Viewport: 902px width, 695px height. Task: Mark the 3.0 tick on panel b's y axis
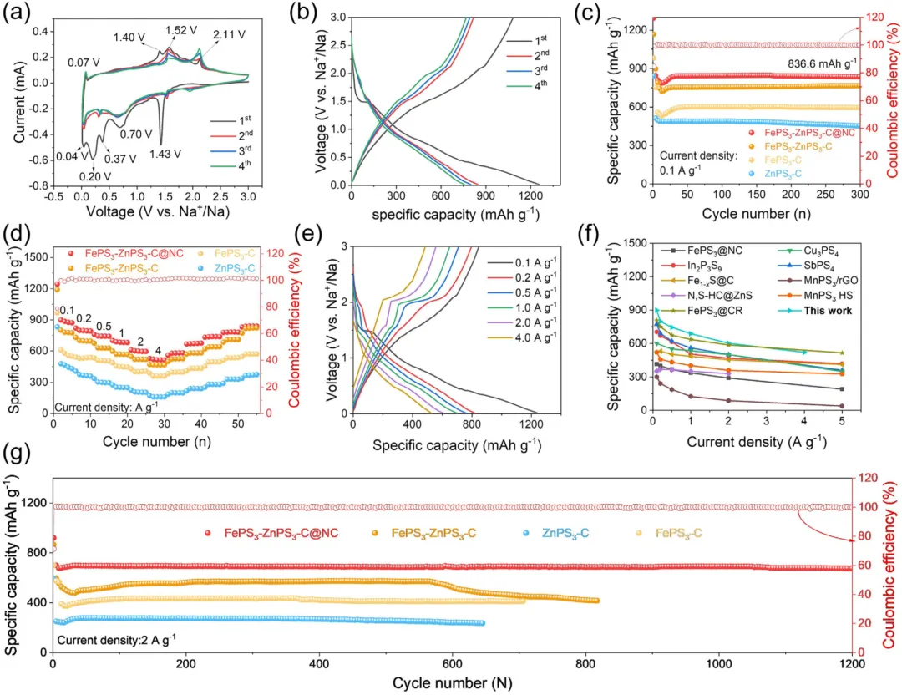338,16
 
